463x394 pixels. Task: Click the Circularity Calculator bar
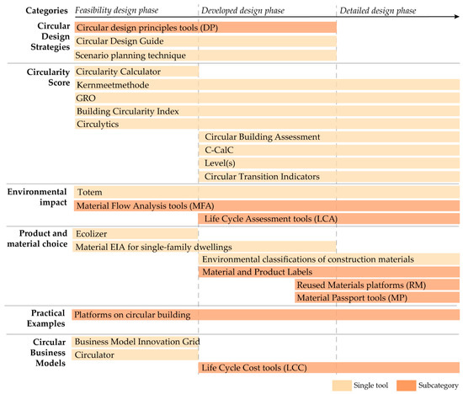[x=135, y=72]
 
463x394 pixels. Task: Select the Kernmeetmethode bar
[x=266, y=85]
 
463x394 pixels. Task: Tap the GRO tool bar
[x=266, y=98]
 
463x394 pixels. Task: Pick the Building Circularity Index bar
[x=266, y=111]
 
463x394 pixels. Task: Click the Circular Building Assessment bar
[x=329, y=137]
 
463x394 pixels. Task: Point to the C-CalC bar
[x=329, y=151]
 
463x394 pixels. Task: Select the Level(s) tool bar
[x=329, y=164]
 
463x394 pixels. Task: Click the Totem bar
[x=266, y=192]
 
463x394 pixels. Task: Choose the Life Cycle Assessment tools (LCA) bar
[x=329, y=219]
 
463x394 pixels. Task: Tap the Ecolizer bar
[x=135, y=233]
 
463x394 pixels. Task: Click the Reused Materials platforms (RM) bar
[x=376, y=286]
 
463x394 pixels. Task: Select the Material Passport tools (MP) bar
[x=376, y=298]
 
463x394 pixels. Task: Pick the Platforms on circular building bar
[x=266, y=315]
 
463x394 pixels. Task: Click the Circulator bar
[x=135, y=355]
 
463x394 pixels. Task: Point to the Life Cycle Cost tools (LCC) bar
[x=329, y=369]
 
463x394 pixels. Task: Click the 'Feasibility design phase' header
[x=118, y=11]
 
